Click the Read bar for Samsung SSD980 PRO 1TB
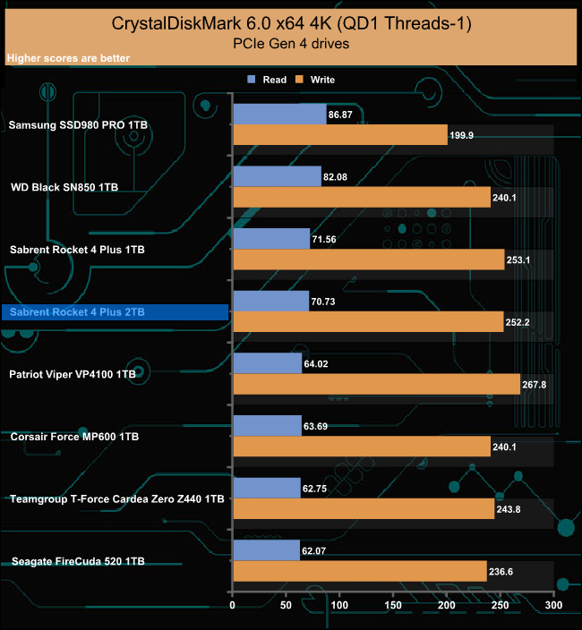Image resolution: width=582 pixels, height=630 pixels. click(x=279, y=114)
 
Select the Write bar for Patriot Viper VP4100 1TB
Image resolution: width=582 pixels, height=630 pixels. click(x=376, y=384)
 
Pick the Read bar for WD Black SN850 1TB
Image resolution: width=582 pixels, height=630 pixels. click(x=277, y=176)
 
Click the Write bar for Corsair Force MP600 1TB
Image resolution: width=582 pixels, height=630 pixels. click(x=362, y=447)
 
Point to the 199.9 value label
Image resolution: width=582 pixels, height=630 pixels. click(x=463, y=135)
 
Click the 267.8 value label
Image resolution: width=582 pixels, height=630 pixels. click(x=535, y=385)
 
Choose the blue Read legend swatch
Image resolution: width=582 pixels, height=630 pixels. click(x=252, y=80)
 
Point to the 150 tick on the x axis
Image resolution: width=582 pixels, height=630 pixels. click(x=393, y=606)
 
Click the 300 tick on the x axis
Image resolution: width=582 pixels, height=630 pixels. click(x=553, y=606)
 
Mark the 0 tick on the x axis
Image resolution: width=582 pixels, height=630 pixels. click(x=233, y=606)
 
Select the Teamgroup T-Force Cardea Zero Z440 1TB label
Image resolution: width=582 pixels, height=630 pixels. click(x=116, y=498)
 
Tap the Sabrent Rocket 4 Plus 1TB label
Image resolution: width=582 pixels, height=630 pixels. click(x=76, y=250)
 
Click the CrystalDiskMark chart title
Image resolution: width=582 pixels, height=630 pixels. click(x=290, y=21)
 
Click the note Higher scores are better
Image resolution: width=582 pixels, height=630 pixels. click(x=68, y=59)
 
